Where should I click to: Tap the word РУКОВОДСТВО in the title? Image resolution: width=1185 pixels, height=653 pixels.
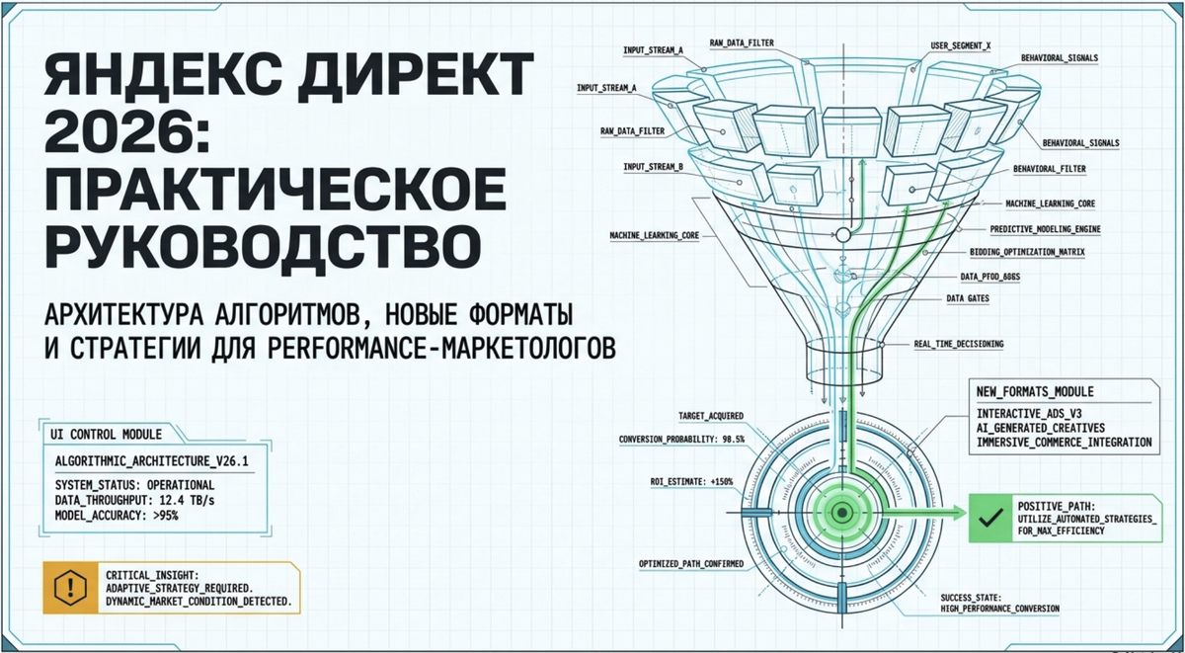click(x=263, y=247)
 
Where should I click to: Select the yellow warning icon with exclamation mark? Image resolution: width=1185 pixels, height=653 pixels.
click(x=70, y=588)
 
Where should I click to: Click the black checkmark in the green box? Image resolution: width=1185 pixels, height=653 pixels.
click(x=990, y=518)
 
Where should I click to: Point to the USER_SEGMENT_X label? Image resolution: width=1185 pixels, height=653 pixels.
click(x=961, y=46)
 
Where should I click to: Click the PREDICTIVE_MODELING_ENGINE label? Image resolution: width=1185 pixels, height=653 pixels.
click(x=1046, y=229)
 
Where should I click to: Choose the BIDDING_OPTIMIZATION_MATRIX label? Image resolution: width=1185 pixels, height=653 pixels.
click(x=1027, y=252)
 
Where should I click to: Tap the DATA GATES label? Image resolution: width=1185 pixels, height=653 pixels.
click(x=968, y=298)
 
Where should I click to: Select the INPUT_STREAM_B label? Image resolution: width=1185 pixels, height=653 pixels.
click(x=653, y=167)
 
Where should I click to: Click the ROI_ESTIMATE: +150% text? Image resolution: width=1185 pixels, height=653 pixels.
click(x=691, y=481)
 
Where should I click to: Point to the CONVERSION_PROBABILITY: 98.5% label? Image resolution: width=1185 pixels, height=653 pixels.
click(x=681, y=440)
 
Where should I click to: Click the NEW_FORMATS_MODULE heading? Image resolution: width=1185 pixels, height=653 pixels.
click(x=1035, y=391)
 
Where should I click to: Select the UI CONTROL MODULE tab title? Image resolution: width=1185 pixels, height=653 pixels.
click(x=106, y=435)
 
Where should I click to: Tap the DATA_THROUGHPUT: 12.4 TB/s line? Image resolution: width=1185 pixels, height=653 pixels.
click(x=134, y=500)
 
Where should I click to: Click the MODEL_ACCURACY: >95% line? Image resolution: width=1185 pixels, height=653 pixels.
click(x=117, y=515)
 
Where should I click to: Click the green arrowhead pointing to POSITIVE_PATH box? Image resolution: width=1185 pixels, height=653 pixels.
click(x=959, y=513)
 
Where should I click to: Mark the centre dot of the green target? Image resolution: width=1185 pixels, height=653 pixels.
click(x=841, y=513)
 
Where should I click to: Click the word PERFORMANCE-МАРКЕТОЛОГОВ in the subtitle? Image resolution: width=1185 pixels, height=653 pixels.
click(x=442, y=348)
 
